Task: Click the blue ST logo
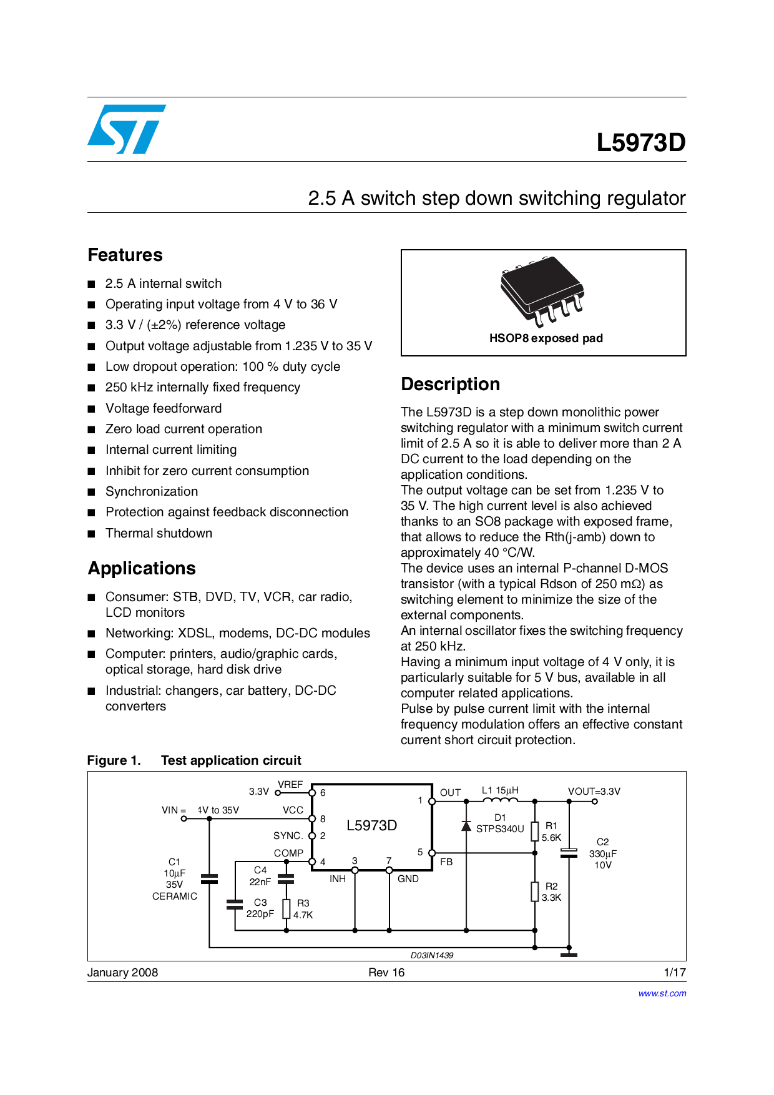(127, 129)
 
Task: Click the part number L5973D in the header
(640, 143)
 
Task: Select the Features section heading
(125, 255)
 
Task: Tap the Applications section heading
(142, 568)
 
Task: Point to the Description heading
(450, 384)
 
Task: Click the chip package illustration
(542, 291)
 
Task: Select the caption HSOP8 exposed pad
(546, 338)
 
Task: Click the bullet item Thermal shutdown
(159, 533)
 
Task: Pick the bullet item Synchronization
(152, 491)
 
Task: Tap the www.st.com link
(662, 993)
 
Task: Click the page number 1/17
(675, 972)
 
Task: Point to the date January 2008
(122, 972)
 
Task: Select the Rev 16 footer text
(386, 972)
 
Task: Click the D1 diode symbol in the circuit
(466, 826)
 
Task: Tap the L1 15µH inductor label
(500, 790)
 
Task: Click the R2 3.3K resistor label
(551, 891)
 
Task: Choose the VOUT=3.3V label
(594, 791)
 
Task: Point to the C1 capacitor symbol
(210, 879)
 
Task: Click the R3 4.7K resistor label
(303, 909)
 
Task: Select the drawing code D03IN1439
(432, 955)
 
